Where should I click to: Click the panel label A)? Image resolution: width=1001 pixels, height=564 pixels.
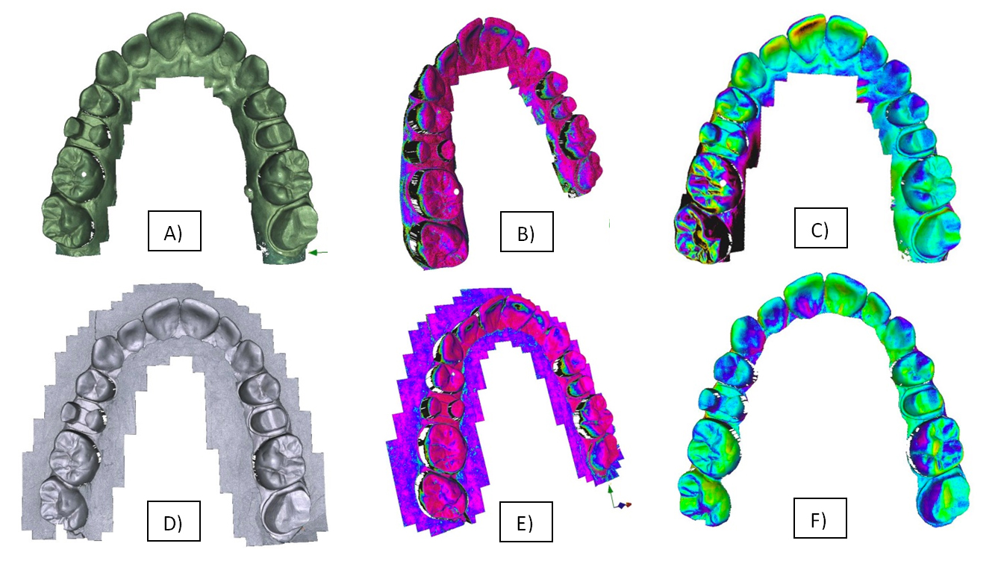pos(174,231)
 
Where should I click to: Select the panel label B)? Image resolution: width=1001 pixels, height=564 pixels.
pos(526,231)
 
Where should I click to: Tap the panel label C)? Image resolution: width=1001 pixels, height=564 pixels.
pos(820,228)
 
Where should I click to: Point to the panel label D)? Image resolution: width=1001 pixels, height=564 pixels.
pos(173,521)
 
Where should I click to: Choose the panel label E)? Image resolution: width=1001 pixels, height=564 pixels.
pos(526,521)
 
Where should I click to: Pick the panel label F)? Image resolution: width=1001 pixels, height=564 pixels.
pos(820,518)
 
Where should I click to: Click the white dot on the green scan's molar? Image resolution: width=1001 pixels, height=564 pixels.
pos(84,174)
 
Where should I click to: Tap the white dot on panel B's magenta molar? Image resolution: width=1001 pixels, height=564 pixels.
pos(456,191)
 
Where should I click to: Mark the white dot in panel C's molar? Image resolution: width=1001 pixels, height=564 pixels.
pos(723,183)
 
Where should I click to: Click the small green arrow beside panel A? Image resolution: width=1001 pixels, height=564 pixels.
pos(319,252)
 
